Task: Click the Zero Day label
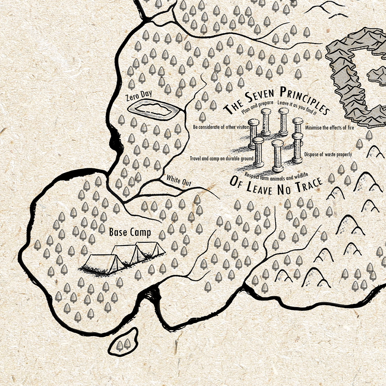[x=139, y=95]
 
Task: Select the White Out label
[x=179, y=180]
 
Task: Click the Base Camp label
[x=130, y=232]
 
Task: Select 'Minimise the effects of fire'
[x=329, y=127]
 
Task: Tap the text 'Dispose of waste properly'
[x=328, y=154]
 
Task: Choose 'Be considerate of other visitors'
[x=221, y=127]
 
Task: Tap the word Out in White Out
[x=186, y=182]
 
